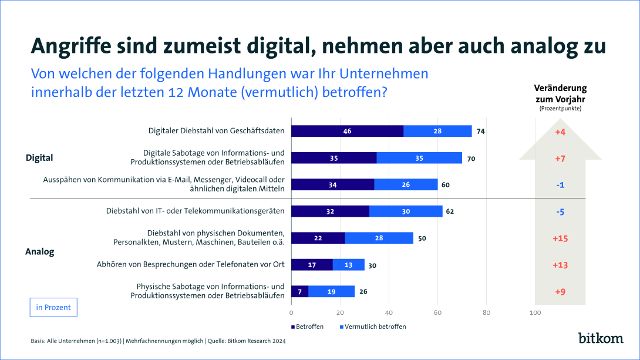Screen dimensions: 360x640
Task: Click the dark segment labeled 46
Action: click(347, 131)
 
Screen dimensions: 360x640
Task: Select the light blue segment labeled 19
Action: click(332, 291)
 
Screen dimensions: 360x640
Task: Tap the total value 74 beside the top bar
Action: click(480, 131)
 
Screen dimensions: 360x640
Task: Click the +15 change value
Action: click(560, 238)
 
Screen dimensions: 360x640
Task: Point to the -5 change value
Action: click(560, 211)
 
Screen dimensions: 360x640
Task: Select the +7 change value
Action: click(560, 159)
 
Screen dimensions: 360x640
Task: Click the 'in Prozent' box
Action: click(53, 307)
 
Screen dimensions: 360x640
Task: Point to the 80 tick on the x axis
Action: click(486, 313)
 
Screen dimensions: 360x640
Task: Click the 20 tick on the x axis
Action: click(340, 313)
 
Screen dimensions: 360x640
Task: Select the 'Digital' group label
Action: click(39, 157)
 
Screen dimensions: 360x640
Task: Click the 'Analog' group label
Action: click(39, 251)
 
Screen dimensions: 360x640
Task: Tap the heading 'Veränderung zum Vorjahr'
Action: click(560, 93)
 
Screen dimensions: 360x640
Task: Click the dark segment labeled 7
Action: click(300, 291)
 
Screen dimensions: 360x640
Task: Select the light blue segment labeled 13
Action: click(348, 265)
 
